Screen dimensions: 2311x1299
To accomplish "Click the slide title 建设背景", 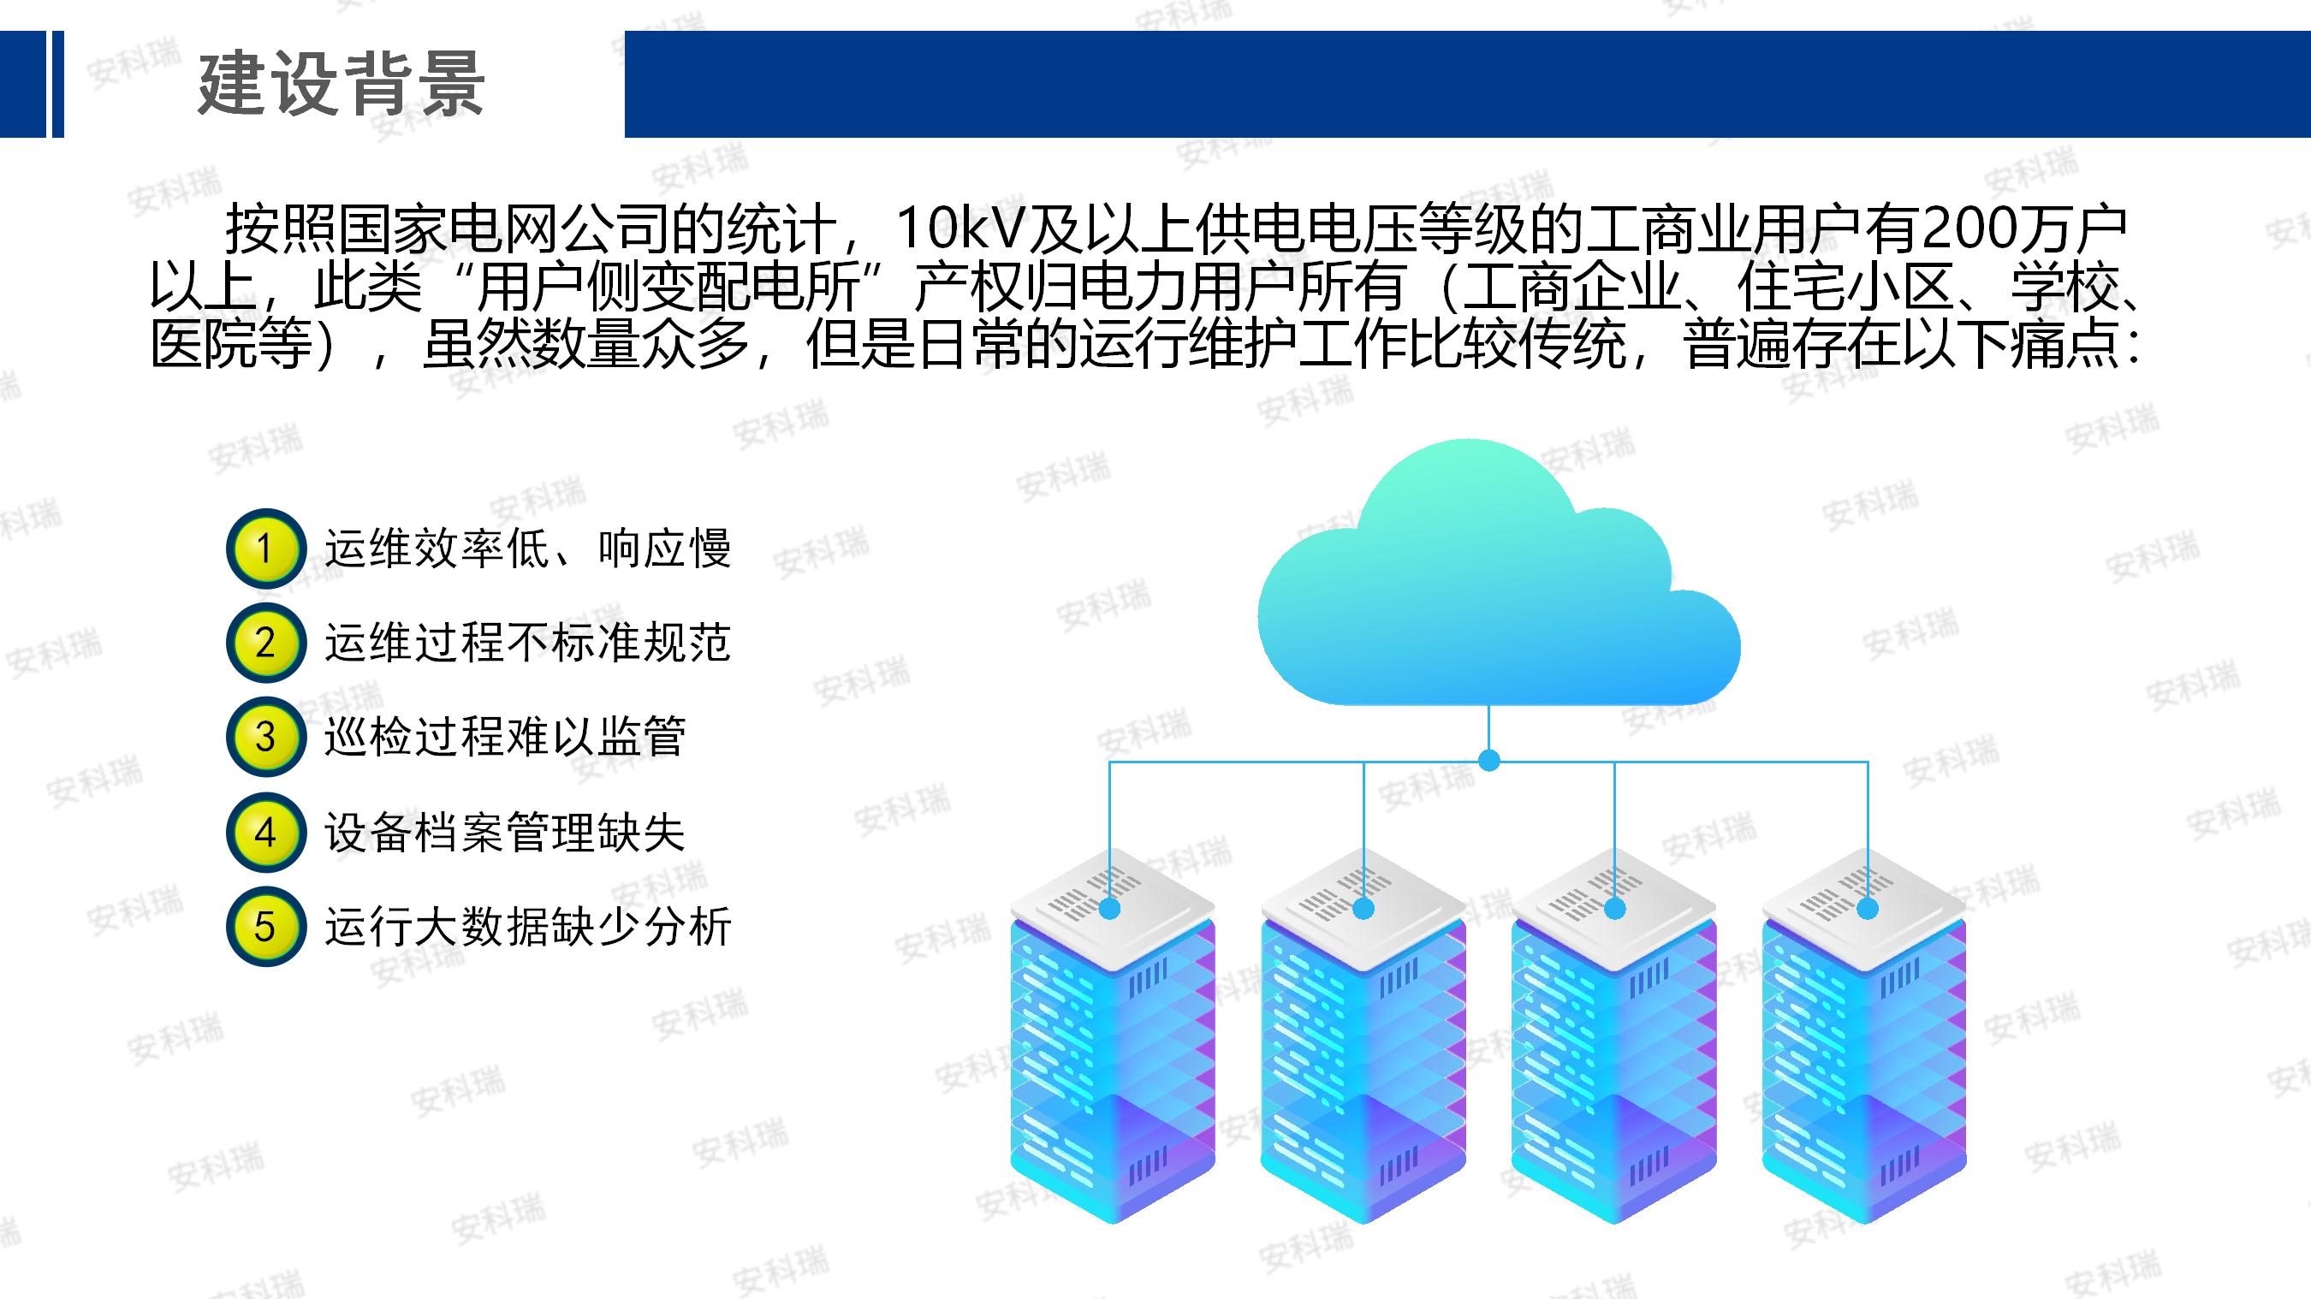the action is [x=341, y=85].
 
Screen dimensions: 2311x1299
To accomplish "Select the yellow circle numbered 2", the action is [x=264, y=643].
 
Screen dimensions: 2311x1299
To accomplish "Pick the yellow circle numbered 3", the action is [x=264, y=737].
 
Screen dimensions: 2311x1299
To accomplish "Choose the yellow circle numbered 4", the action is [x=264, y=833].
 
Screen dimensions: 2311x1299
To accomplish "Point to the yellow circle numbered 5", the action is [x=264, y=927].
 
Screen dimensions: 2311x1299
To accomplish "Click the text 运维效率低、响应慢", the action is [x=527, y=549].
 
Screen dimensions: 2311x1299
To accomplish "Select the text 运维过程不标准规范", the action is [x=527, y=643].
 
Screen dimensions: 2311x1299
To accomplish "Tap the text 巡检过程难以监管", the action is [x=505, y=737].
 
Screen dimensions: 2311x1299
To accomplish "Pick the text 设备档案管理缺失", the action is [x=505, y=833].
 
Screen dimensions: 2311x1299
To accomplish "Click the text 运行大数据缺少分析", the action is [x=527, y=927].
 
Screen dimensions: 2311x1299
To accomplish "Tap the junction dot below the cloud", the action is [x=1489, y=761].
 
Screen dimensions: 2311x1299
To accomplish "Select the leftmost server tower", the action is [x=1113, y=1036].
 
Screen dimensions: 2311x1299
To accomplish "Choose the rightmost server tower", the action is [x=1865, y=1036].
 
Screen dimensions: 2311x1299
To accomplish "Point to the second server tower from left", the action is [x=1363, y=1036].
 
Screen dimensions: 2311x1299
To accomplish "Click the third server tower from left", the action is [x=1614, y=1036].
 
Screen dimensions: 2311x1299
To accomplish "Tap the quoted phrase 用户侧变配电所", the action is [x=668, y=287].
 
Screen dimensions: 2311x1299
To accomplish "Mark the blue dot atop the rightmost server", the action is [x=1868, y=909].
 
